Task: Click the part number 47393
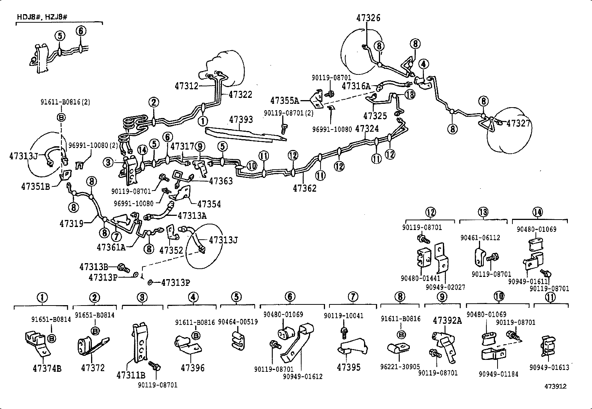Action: [241, 119]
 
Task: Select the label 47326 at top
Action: [368, 18]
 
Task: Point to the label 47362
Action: [305, 188]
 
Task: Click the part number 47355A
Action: [285, 100]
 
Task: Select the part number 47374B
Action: [47, 368]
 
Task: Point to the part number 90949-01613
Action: [549, 368]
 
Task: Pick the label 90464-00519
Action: [238, 322]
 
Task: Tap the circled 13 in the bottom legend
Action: [483, 213]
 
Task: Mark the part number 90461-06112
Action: [480, 237]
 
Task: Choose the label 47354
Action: [209, 204]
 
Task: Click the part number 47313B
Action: [93, 266]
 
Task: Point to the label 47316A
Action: [356, 86]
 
